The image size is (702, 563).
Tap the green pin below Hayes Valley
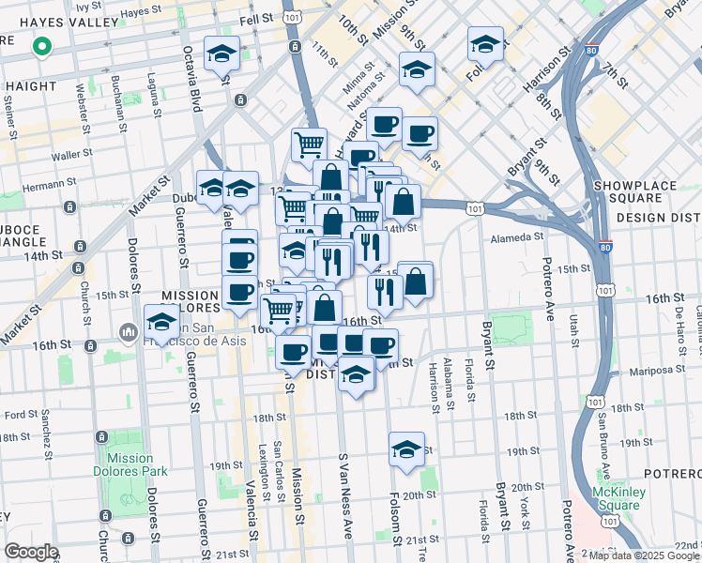(41, 46)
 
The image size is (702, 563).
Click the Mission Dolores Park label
(123, 465)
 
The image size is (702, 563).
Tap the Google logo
(31, 552)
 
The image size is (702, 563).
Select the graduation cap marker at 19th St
(406, 450)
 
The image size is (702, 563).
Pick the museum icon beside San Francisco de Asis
(129, 333)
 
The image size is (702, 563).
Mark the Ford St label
(20, 414)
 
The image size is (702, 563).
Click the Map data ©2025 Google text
(643, 555)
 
